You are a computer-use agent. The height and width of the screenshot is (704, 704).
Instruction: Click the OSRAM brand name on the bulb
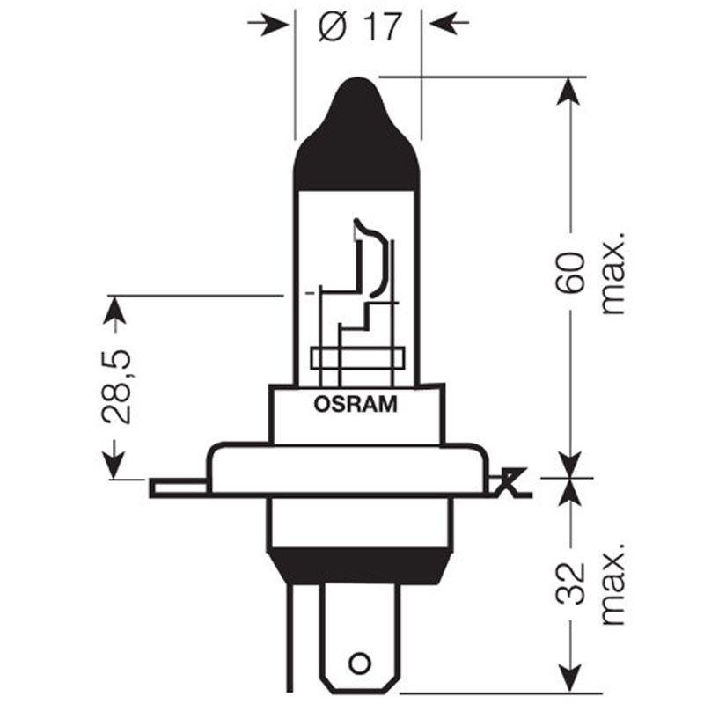click(x=356, y=404)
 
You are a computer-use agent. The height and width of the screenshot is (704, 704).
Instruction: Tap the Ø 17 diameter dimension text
click(x=359, y=27)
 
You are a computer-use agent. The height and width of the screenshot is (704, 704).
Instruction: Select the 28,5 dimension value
click(x=116, y=386)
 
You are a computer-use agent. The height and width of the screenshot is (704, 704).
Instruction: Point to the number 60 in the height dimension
click(x=570, y=273)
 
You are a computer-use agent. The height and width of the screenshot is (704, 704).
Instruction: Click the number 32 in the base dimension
click(x=570, y=583)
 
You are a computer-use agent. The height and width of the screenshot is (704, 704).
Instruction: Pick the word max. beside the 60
click(x=612, y=274)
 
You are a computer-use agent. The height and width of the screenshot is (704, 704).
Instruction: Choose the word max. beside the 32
click(x=612, y=583)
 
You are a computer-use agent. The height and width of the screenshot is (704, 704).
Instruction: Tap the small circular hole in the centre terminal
click(x=359, y=664)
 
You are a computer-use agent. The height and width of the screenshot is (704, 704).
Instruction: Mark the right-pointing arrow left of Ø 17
click(x=268, y=25)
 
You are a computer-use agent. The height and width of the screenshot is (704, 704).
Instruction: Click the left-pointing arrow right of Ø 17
click(x=449, y=23)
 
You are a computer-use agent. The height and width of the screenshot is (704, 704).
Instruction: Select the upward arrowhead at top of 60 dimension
click(x=569, y=92)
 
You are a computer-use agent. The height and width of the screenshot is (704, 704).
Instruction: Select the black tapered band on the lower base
click(x=359, y=567)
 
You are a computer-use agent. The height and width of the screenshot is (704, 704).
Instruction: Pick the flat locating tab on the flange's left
click(x=179, y=488)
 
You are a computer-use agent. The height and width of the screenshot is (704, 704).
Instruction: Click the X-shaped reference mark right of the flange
click(x=510, y=482)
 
